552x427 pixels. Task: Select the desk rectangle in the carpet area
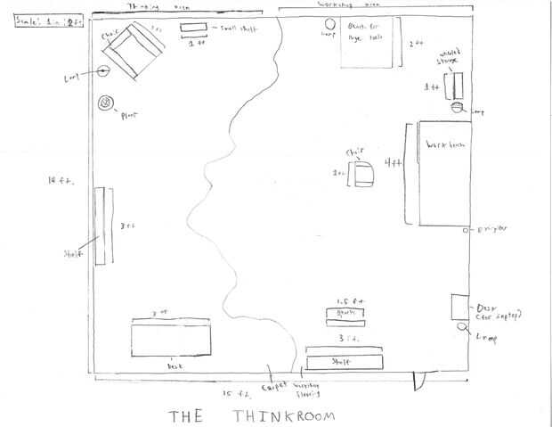(x=172, y=339)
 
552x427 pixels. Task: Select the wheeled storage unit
(x=457, y=86)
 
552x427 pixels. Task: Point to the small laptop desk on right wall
(x=460, y=307)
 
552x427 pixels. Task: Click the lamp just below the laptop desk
(x=464, y=327)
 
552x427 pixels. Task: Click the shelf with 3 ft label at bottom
(x=345, y=360)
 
